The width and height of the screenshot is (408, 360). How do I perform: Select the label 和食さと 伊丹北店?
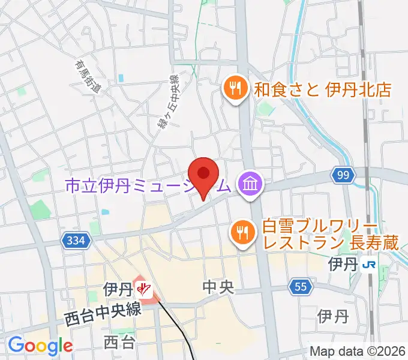(322, 90)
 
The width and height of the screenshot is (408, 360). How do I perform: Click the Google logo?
(40, 346)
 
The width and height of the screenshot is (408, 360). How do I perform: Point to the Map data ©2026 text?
(357, 351)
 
